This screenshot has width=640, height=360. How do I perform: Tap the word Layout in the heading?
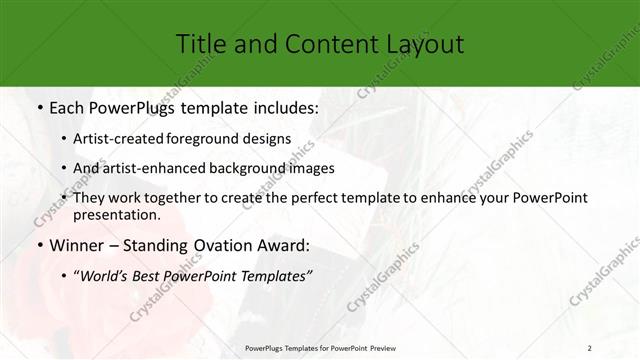pyautogui.click(x=420, y=44)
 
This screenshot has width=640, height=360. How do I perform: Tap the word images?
pyautogui.click(x=309, y=168)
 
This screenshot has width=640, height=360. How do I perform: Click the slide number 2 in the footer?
pyautogui.click(x=591, y=349)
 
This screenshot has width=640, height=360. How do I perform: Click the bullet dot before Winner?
pyautogui.click(x=37, y=245)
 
